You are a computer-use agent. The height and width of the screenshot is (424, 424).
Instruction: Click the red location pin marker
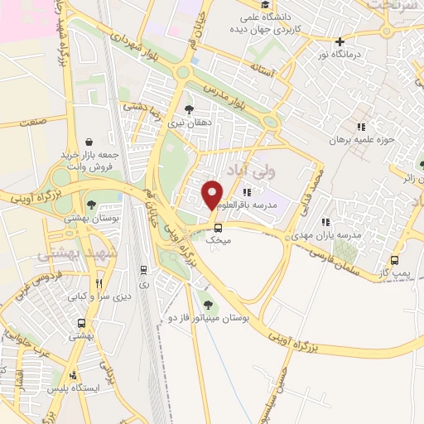(x=212, y=194)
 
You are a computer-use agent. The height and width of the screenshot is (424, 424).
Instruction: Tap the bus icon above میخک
(x=218, y=228)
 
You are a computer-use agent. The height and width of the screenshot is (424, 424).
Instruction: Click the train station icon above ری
(x=144, y=270)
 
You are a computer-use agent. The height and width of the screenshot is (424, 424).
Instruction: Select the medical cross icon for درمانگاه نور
(x=340, y=41)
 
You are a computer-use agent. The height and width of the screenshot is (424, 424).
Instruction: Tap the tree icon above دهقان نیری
(x=190, y=109)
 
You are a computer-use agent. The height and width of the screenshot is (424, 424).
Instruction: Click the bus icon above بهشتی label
(x=81, y=324)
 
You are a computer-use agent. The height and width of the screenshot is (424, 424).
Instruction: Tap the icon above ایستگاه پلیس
(x=75, y=374)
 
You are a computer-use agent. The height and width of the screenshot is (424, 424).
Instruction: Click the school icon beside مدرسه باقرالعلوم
(x=246, y=192)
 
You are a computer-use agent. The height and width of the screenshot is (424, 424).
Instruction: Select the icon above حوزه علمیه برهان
(x=360, y=127)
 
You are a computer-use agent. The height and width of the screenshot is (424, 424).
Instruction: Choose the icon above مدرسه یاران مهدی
(x=325, y=222)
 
